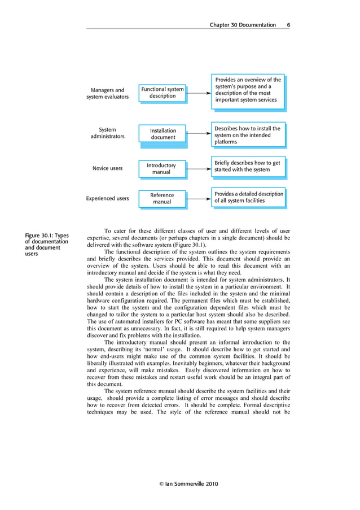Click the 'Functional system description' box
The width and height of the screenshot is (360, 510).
click(163, 93)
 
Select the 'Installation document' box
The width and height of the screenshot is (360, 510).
click(163, 134)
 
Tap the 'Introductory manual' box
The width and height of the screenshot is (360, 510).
click(161, 168)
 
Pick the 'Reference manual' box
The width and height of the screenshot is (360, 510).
click(162, 198)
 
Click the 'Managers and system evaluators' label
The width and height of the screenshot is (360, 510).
click(107, 93)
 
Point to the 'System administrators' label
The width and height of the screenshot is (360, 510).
click(107, 133)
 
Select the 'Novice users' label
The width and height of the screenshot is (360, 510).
click(107, 168)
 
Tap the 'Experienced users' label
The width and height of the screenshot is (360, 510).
click(107, 198)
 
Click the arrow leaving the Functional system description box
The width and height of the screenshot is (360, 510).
click(199, 92)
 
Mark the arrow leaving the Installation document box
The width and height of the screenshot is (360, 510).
click(199, 134)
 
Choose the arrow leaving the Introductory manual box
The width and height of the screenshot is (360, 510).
click(199, 168)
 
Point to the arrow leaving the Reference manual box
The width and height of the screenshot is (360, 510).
click(199, 198)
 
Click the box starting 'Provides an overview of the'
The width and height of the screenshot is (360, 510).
click(248, 90)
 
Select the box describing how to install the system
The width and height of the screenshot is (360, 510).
click(248, 135)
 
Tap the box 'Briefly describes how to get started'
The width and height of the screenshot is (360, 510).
click(248, 166)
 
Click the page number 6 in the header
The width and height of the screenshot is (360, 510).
click(288, 25)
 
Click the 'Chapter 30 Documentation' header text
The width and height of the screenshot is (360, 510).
click(243, 25)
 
